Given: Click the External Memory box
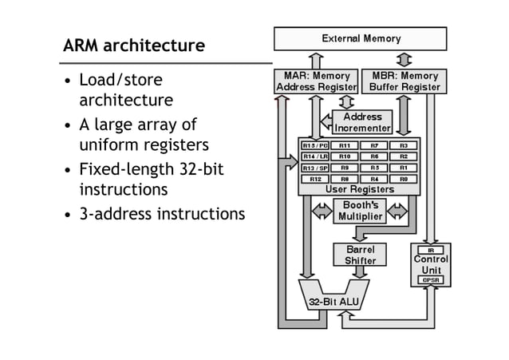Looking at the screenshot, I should [361, 38].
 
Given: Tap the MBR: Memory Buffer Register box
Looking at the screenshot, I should [404, 81].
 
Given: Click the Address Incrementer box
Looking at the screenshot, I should [363, 122].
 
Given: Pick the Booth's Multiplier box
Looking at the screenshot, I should [359, 211].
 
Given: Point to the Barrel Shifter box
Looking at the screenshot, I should [360, 255].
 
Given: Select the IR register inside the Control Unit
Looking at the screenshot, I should [431, 250].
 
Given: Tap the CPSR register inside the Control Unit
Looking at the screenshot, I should [431, 280].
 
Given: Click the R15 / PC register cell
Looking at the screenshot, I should [315, 146].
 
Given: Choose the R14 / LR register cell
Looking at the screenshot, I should [315, 157].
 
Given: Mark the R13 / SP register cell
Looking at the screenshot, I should [315, 168].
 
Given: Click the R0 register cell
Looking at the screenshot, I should [404, 180].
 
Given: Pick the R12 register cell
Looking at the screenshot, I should [315, 180].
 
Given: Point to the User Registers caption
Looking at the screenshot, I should [359, 190].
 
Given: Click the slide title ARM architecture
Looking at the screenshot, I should [134, 45].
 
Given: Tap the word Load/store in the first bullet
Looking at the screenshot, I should [120, 81].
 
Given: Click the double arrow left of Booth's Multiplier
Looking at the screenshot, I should [322, 211].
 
